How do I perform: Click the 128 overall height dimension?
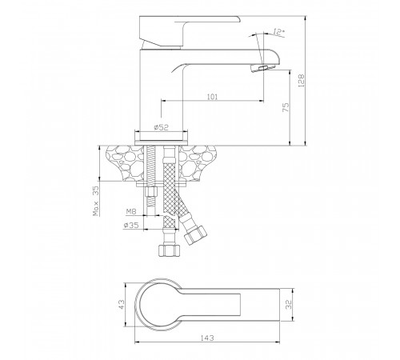[301, 80]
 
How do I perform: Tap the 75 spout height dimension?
[286, 107]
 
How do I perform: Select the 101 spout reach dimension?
[212, 97]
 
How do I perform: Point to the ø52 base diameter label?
[162, 127]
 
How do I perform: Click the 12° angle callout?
[278, 32]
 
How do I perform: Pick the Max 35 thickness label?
[95, 201]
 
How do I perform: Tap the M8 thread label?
[131, 211]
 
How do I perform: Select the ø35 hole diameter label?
[131, 225]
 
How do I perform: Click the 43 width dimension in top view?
[122, 305]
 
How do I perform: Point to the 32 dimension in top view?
[288, 304]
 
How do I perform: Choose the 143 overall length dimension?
[207, 338]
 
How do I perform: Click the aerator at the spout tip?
[262, 68]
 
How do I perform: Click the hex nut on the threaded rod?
[150, 192]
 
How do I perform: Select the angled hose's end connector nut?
[196, 235]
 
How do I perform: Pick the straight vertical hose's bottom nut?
[170, 250]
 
